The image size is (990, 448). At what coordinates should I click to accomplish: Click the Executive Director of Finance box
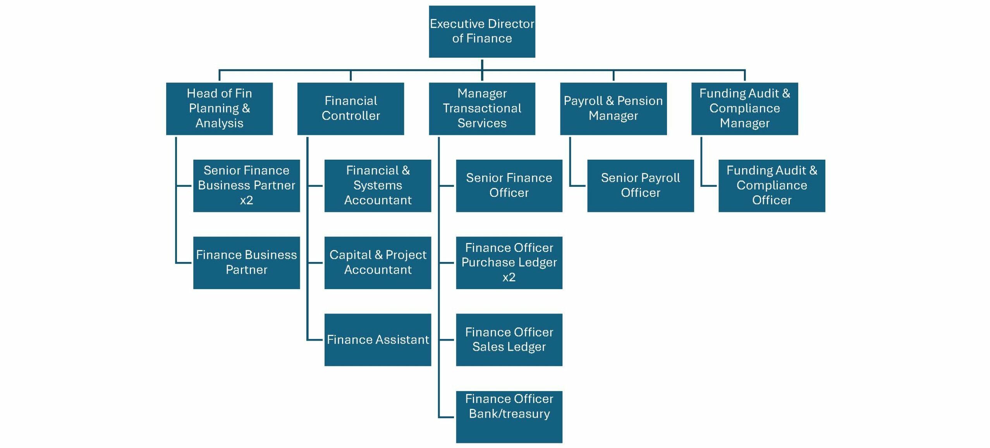click(x=482, y=31)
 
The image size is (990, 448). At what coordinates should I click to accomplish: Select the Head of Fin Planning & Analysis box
click(x=219, y=109)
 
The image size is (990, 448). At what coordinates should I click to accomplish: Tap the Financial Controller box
click(x=351, y=109)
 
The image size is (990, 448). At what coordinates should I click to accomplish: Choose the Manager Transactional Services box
click(x=482, y=109)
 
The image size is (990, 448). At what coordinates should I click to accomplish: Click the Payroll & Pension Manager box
click(x=613, y=109)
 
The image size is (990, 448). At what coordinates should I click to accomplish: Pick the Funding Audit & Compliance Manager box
click(x=744, y=109)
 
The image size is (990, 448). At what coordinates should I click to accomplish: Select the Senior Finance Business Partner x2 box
click(x=246, y=186)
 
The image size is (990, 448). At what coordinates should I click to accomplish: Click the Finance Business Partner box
click(x=246, y=262)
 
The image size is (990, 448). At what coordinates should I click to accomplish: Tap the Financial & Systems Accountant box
click(x=378, y=186)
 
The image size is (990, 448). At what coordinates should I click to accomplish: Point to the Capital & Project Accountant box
click(x=378, y=262)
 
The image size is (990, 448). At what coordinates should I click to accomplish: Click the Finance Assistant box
click(x=378, y=339)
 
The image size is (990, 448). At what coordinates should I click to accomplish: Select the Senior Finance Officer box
click(x=509, y=186)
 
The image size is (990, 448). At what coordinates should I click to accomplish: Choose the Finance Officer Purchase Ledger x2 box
click(x=509, y=262)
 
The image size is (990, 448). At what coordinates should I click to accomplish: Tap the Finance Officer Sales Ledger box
click(x=509, y=339)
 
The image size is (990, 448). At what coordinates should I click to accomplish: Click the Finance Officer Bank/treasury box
click(x=509, y=417)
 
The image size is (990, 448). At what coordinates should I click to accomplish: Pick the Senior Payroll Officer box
click(x=640, y=186)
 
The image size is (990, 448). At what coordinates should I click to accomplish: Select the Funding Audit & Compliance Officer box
click(x=772, y=186)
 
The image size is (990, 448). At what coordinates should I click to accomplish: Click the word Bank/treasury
click(x=509, y=414)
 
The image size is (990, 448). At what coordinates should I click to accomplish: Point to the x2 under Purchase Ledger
click(x=509, y=277)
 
